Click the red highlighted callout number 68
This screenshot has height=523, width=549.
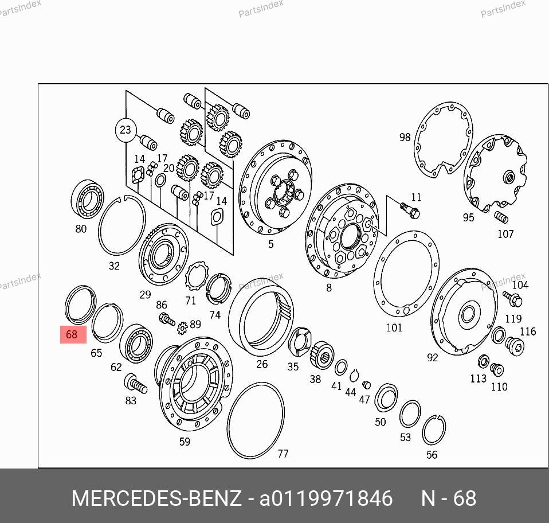[x=73, y=334]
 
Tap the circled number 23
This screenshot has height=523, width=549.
[x=126, y=130]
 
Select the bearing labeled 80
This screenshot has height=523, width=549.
[x=88, y=199]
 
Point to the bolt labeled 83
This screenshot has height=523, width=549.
[x=136, y=384]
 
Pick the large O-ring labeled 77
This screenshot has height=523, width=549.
[x=228, y=420]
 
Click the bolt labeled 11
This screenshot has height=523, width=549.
[x=410, y=210]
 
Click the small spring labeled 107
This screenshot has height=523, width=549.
[x=501, y=217]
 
